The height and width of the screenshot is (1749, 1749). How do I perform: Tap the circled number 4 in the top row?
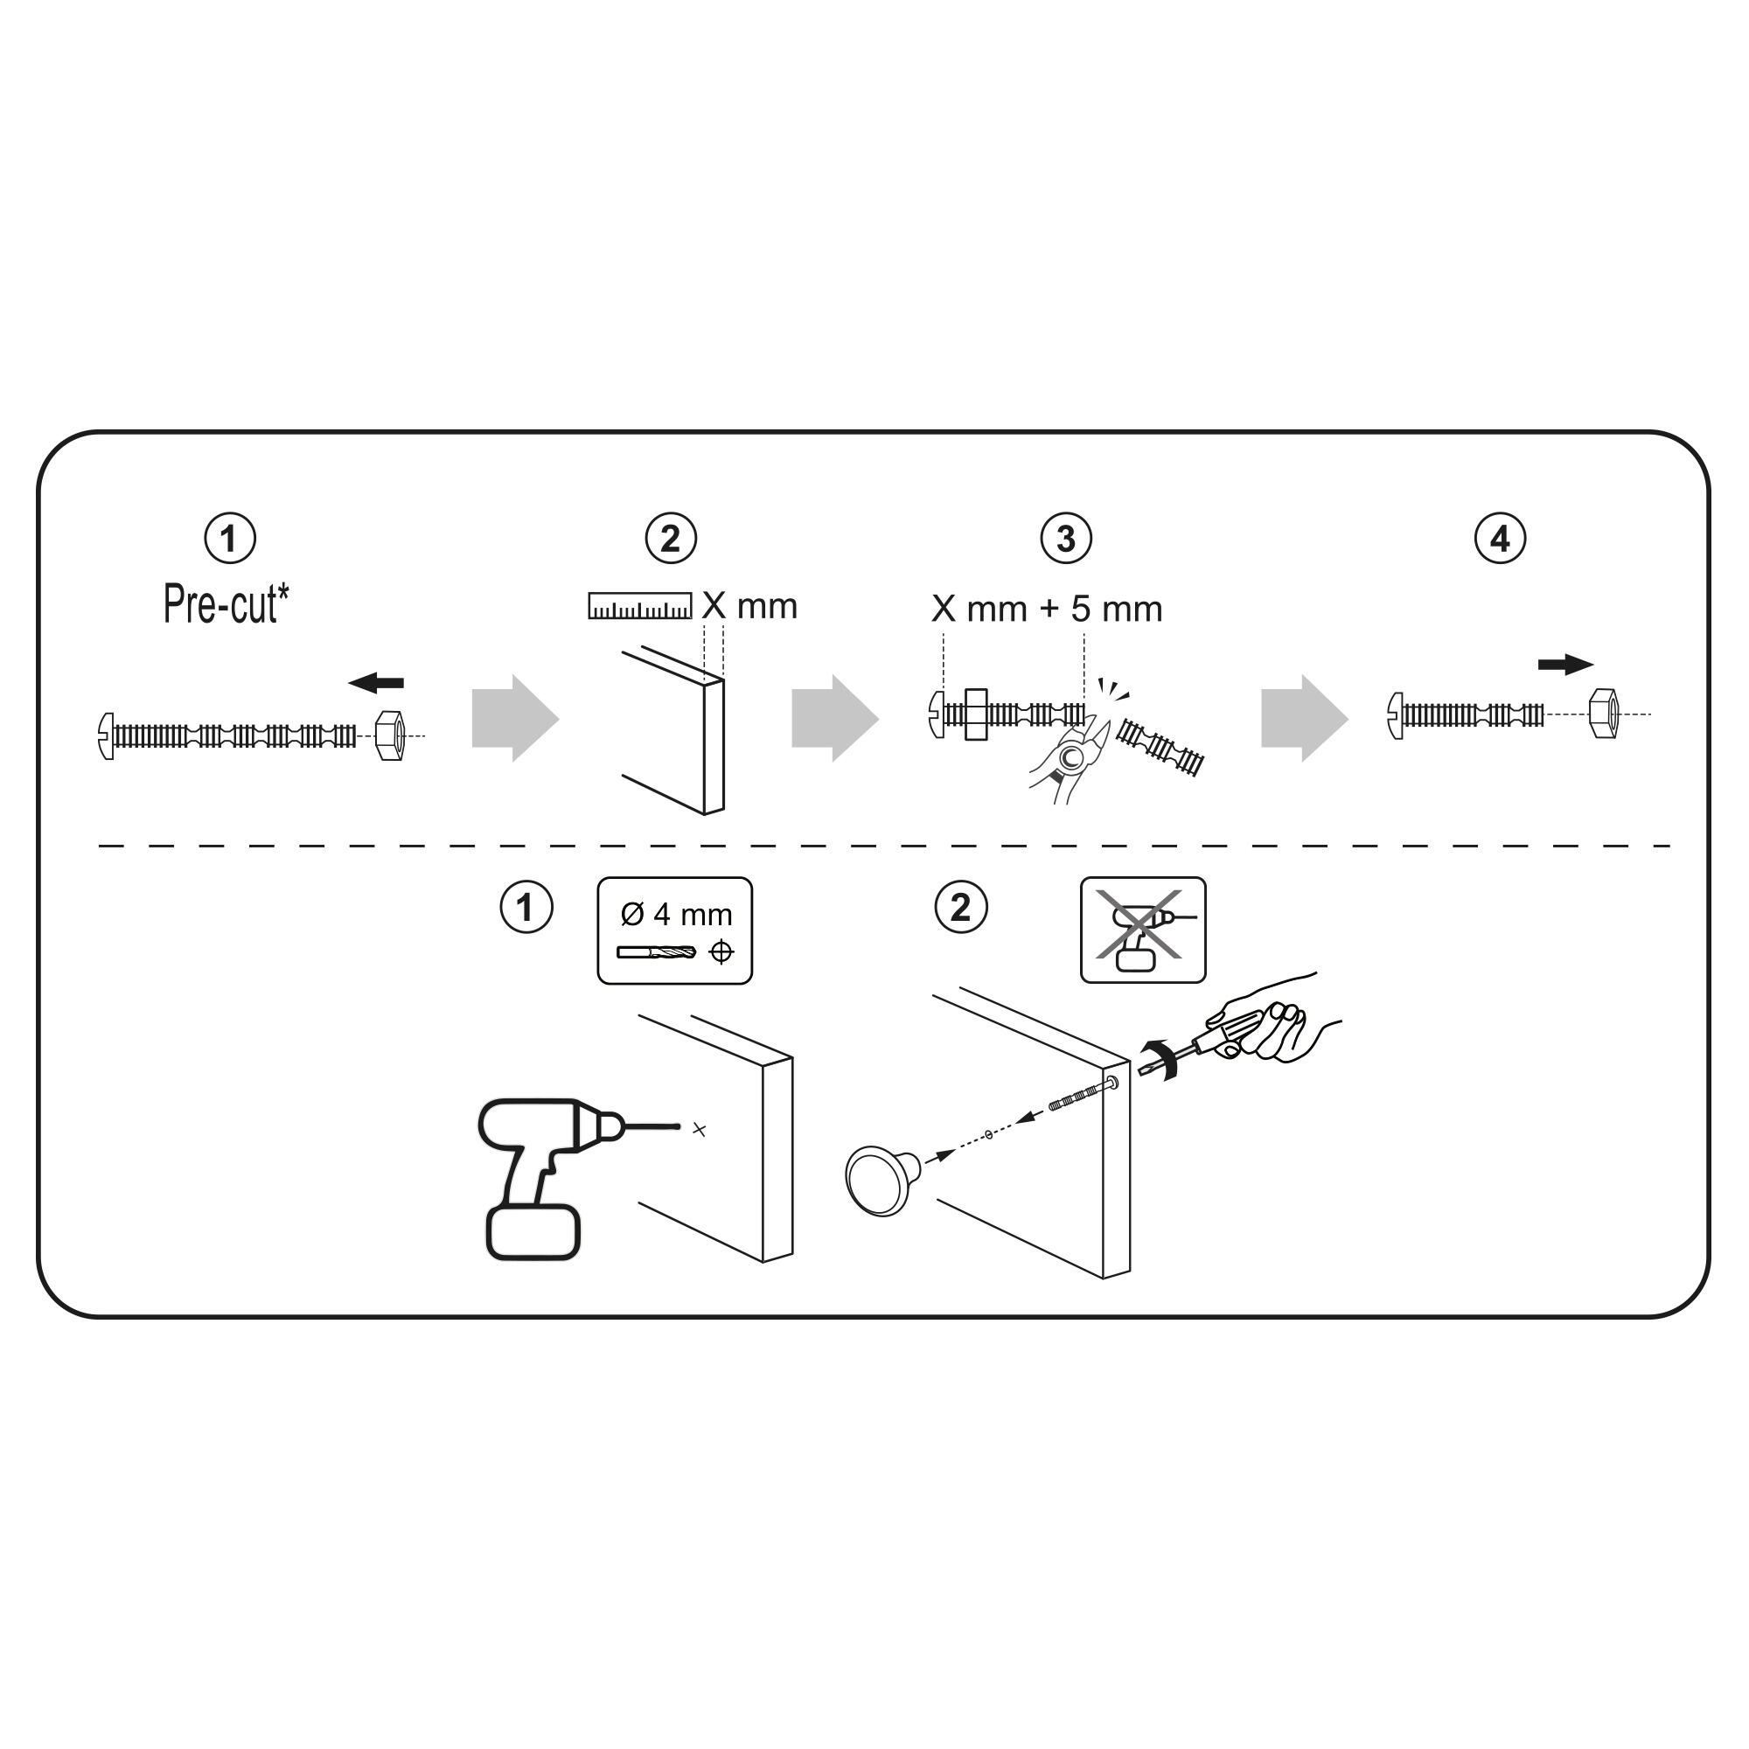point(1500,540)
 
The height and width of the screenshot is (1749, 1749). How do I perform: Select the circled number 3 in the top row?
point(1066,540)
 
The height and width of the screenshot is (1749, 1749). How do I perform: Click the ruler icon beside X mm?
point(640,606)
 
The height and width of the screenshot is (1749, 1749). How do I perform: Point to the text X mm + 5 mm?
point(1047,610)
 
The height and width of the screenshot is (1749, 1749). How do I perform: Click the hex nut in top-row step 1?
point(389,735)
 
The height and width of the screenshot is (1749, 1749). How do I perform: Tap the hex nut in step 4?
point(1603,714)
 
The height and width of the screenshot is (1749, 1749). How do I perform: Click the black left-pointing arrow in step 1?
point(376,683)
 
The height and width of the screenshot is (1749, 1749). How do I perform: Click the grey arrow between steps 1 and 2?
point(514,718)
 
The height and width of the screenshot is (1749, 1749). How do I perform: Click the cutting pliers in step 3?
point(1073,753)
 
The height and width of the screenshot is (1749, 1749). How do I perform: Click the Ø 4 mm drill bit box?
point(674,930)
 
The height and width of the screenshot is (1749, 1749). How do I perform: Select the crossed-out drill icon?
point(1142,929)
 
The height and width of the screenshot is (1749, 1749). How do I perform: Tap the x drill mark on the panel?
point(699,1130)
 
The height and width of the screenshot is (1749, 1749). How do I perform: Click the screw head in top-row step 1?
point(106,735)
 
